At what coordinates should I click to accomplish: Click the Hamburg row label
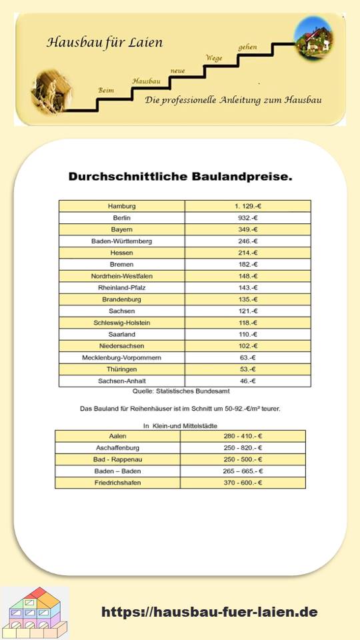click(x=122, y=206)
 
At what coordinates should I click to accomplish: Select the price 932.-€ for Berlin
click(x=248, y=218)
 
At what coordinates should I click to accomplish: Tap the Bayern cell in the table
click(x=122, y=229)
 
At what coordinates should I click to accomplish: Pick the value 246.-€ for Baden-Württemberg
click(x=248, y=241)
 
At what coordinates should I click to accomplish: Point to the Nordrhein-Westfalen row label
click(x=122, y=276)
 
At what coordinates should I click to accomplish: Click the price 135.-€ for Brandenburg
click(x=248, y=299)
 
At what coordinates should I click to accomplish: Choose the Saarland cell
click(x=122, y=335)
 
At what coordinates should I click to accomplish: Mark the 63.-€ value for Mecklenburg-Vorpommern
click(x=248, y=358)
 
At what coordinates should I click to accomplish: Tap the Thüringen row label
click(x=122, y=369)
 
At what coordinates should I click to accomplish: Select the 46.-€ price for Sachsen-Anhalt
click(x=248, y=381)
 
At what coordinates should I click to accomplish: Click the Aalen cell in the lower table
click(x=117, y=436)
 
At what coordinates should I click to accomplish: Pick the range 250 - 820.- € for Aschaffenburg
click(x=243, y=448)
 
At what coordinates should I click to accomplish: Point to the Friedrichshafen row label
click(x=117, y=483)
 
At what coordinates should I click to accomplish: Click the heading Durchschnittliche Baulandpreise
click(x=180, y=177)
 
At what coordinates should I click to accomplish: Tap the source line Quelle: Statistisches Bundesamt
click(x=180, y=391)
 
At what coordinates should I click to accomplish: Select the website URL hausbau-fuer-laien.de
click(x=209, y=612)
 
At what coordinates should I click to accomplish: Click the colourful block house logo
click(x=35, y=613)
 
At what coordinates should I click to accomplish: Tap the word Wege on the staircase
click(x=214, y=58)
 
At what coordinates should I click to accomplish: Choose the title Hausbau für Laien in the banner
click(x=104, y=43)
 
